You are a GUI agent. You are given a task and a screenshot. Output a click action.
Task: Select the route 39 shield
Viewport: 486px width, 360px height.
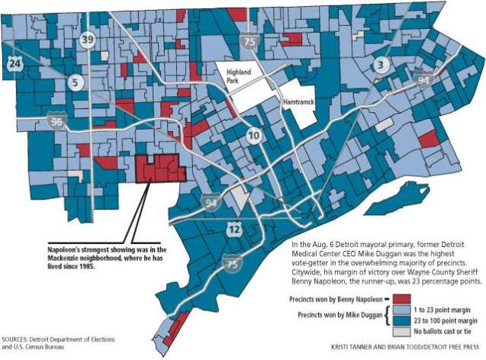(x=89, y=40)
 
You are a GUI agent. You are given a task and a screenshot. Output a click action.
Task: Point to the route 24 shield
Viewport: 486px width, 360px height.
(x=14, y=64)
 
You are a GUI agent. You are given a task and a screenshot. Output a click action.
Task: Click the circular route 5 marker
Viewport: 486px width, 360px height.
(x=76, y=82)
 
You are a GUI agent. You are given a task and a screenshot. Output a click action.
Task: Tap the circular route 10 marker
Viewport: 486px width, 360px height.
(x=253, y=136)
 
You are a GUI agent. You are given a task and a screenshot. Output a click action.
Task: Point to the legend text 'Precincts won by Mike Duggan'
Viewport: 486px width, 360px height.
(x=340, y=315)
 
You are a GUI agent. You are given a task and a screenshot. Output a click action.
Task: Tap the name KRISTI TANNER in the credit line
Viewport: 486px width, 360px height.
(x=353, y=348)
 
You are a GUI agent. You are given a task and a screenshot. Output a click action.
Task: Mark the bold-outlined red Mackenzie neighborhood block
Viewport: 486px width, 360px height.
(x=158, y=168)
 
